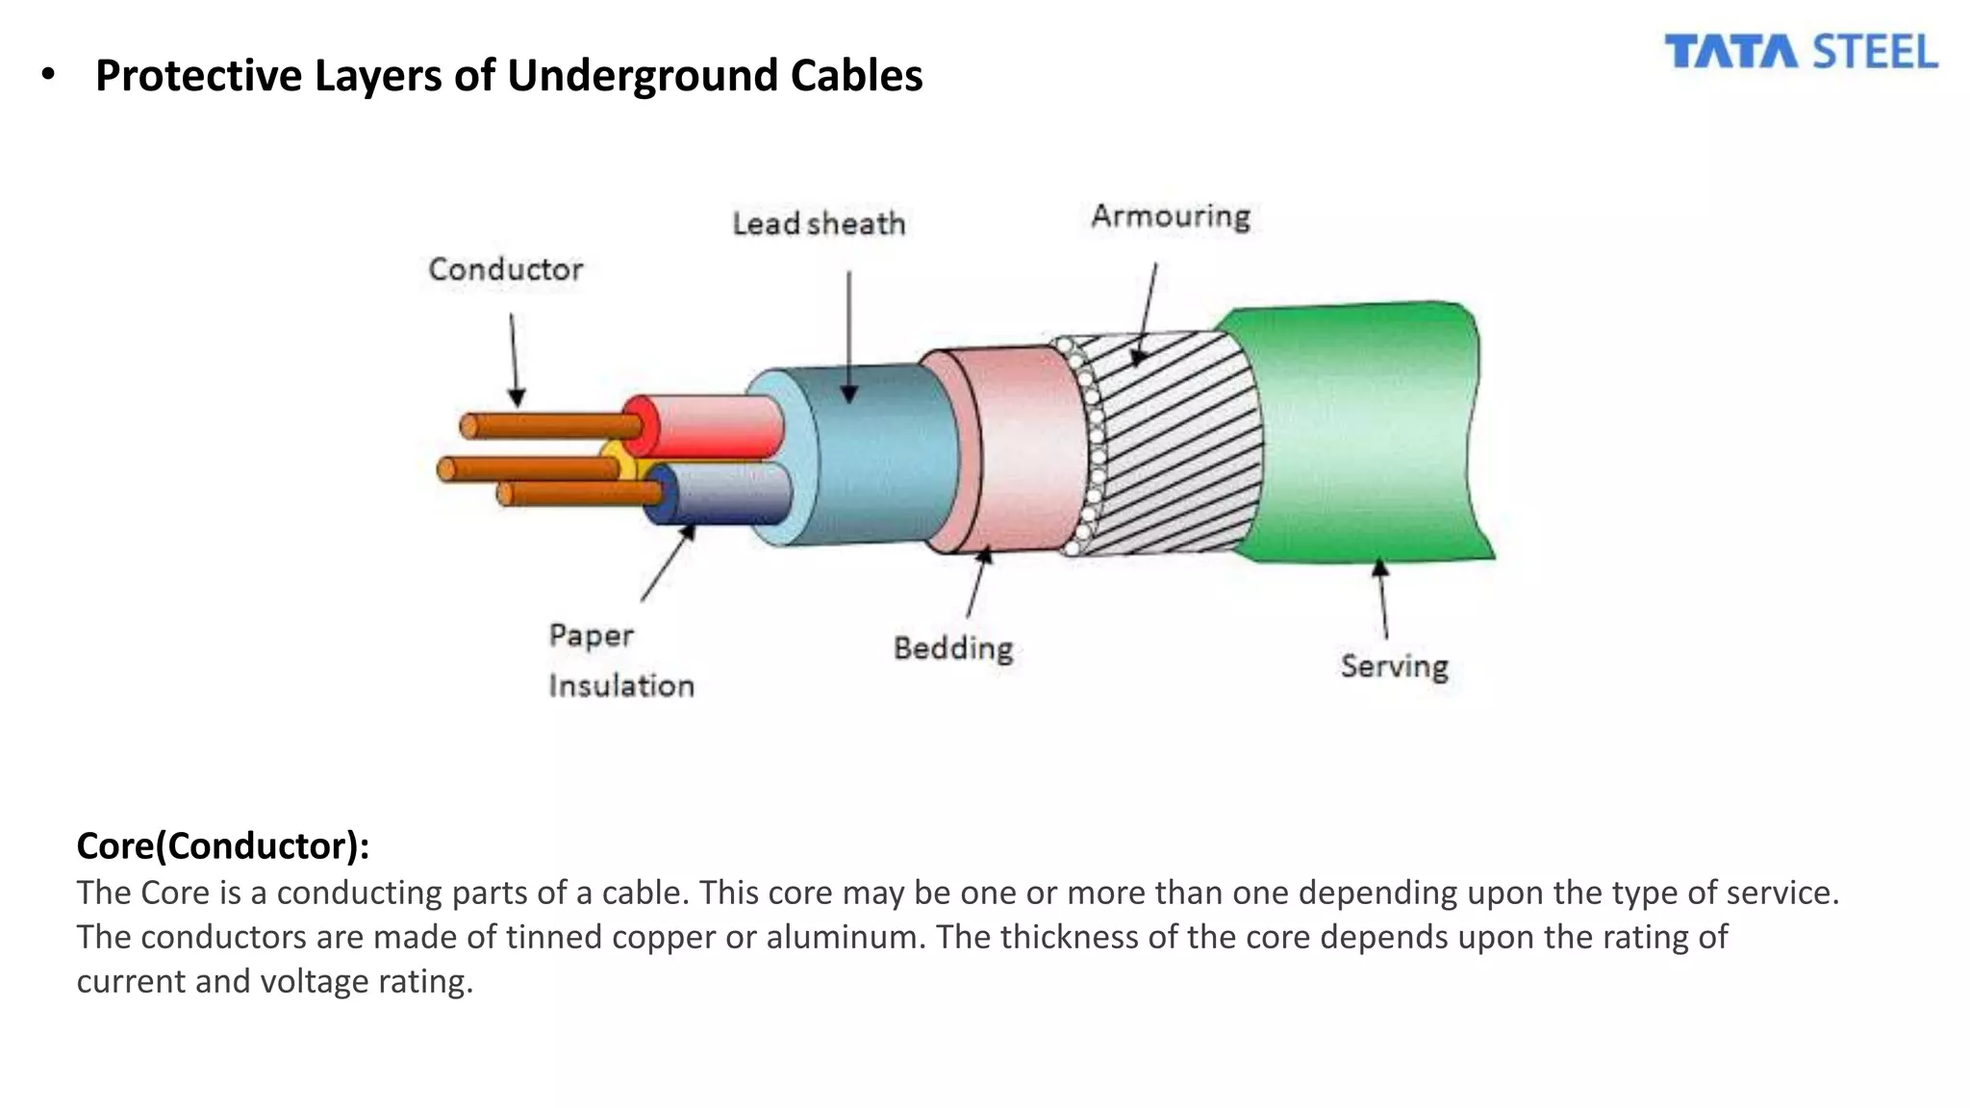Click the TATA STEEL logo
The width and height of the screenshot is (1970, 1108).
tap(1801, 52)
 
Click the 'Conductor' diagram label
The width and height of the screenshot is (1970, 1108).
tap(505, 269)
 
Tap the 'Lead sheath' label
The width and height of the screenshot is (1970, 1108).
tap(819, 224)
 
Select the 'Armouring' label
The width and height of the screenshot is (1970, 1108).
tap(1171, 216)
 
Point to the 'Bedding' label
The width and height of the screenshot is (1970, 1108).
tap(953, 648)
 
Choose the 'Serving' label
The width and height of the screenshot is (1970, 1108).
tap(1394, 666)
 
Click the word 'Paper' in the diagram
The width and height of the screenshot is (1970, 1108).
tap(591, 636)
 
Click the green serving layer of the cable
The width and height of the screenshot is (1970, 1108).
tap(1366, 433)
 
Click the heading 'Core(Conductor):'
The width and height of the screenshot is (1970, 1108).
tap(223, 846)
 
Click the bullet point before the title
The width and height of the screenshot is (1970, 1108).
tap(48, 74)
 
